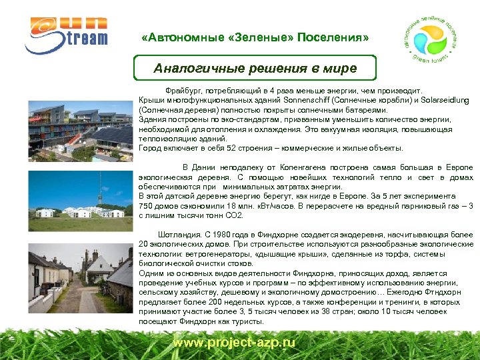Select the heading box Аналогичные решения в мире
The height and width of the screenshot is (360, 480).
point(255,68)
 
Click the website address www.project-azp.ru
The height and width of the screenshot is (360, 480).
point(233,342)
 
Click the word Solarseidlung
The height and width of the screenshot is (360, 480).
point(444,100)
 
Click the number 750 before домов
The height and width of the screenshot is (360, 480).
point(146,206)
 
